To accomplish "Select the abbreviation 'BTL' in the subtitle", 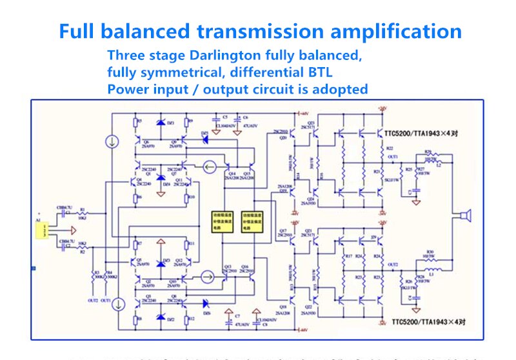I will point(317,72).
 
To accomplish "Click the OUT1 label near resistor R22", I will point(392,156).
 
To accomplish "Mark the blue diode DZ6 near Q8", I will point(206,302).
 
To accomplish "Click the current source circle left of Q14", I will point(208,168).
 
